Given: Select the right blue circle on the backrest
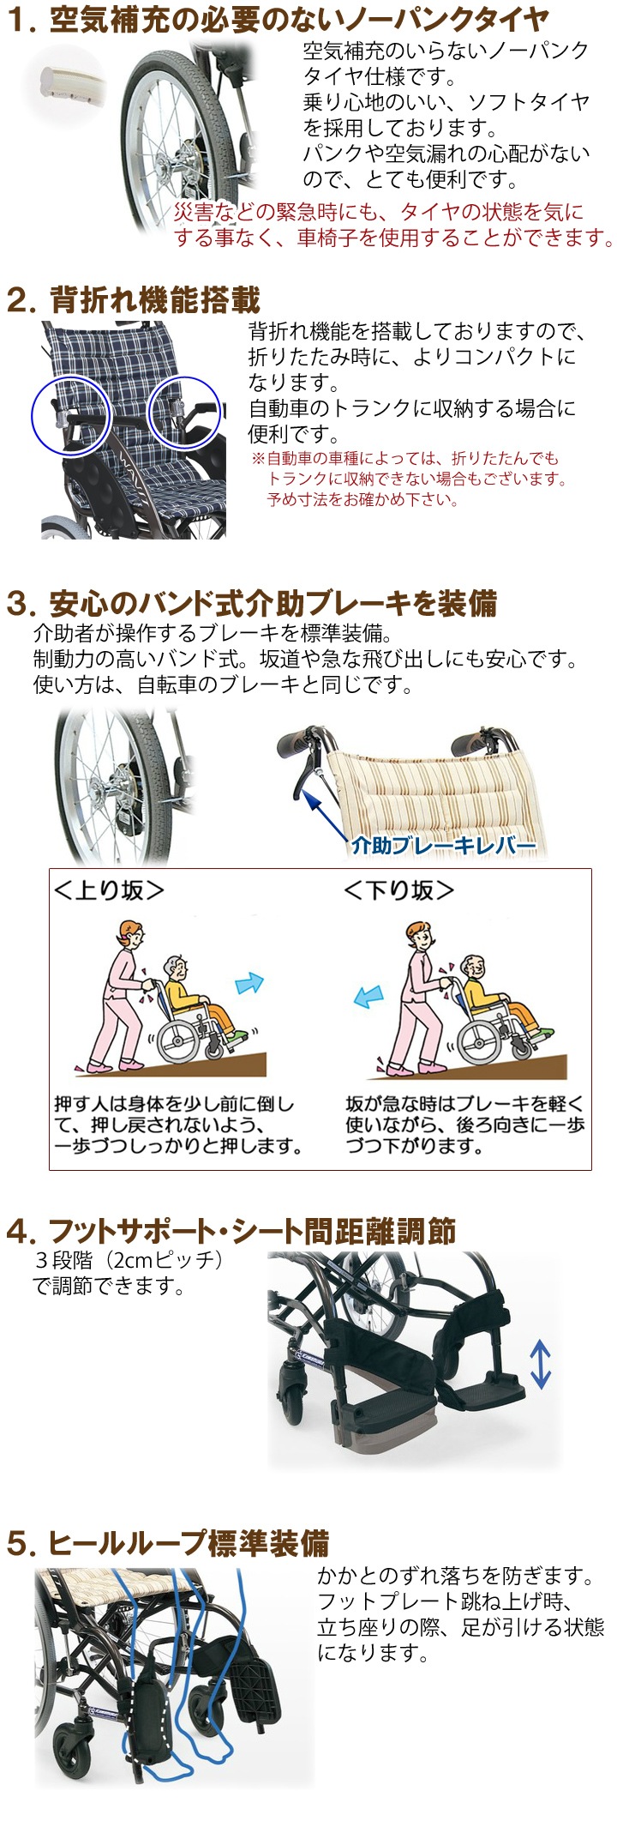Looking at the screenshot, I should [184, 413].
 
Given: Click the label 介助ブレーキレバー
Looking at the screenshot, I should [442, 845].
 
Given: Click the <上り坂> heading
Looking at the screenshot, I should [109, 890].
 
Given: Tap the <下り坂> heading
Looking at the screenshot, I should [398, 890].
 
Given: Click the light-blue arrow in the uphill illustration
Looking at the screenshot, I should [249, 982].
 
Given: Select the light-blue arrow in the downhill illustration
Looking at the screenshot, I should [368, 996].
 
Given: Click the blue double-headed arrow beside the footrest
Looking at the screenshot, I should [539, 1365].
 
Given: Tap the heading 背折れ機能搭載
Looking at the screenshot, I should [154, 300].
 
